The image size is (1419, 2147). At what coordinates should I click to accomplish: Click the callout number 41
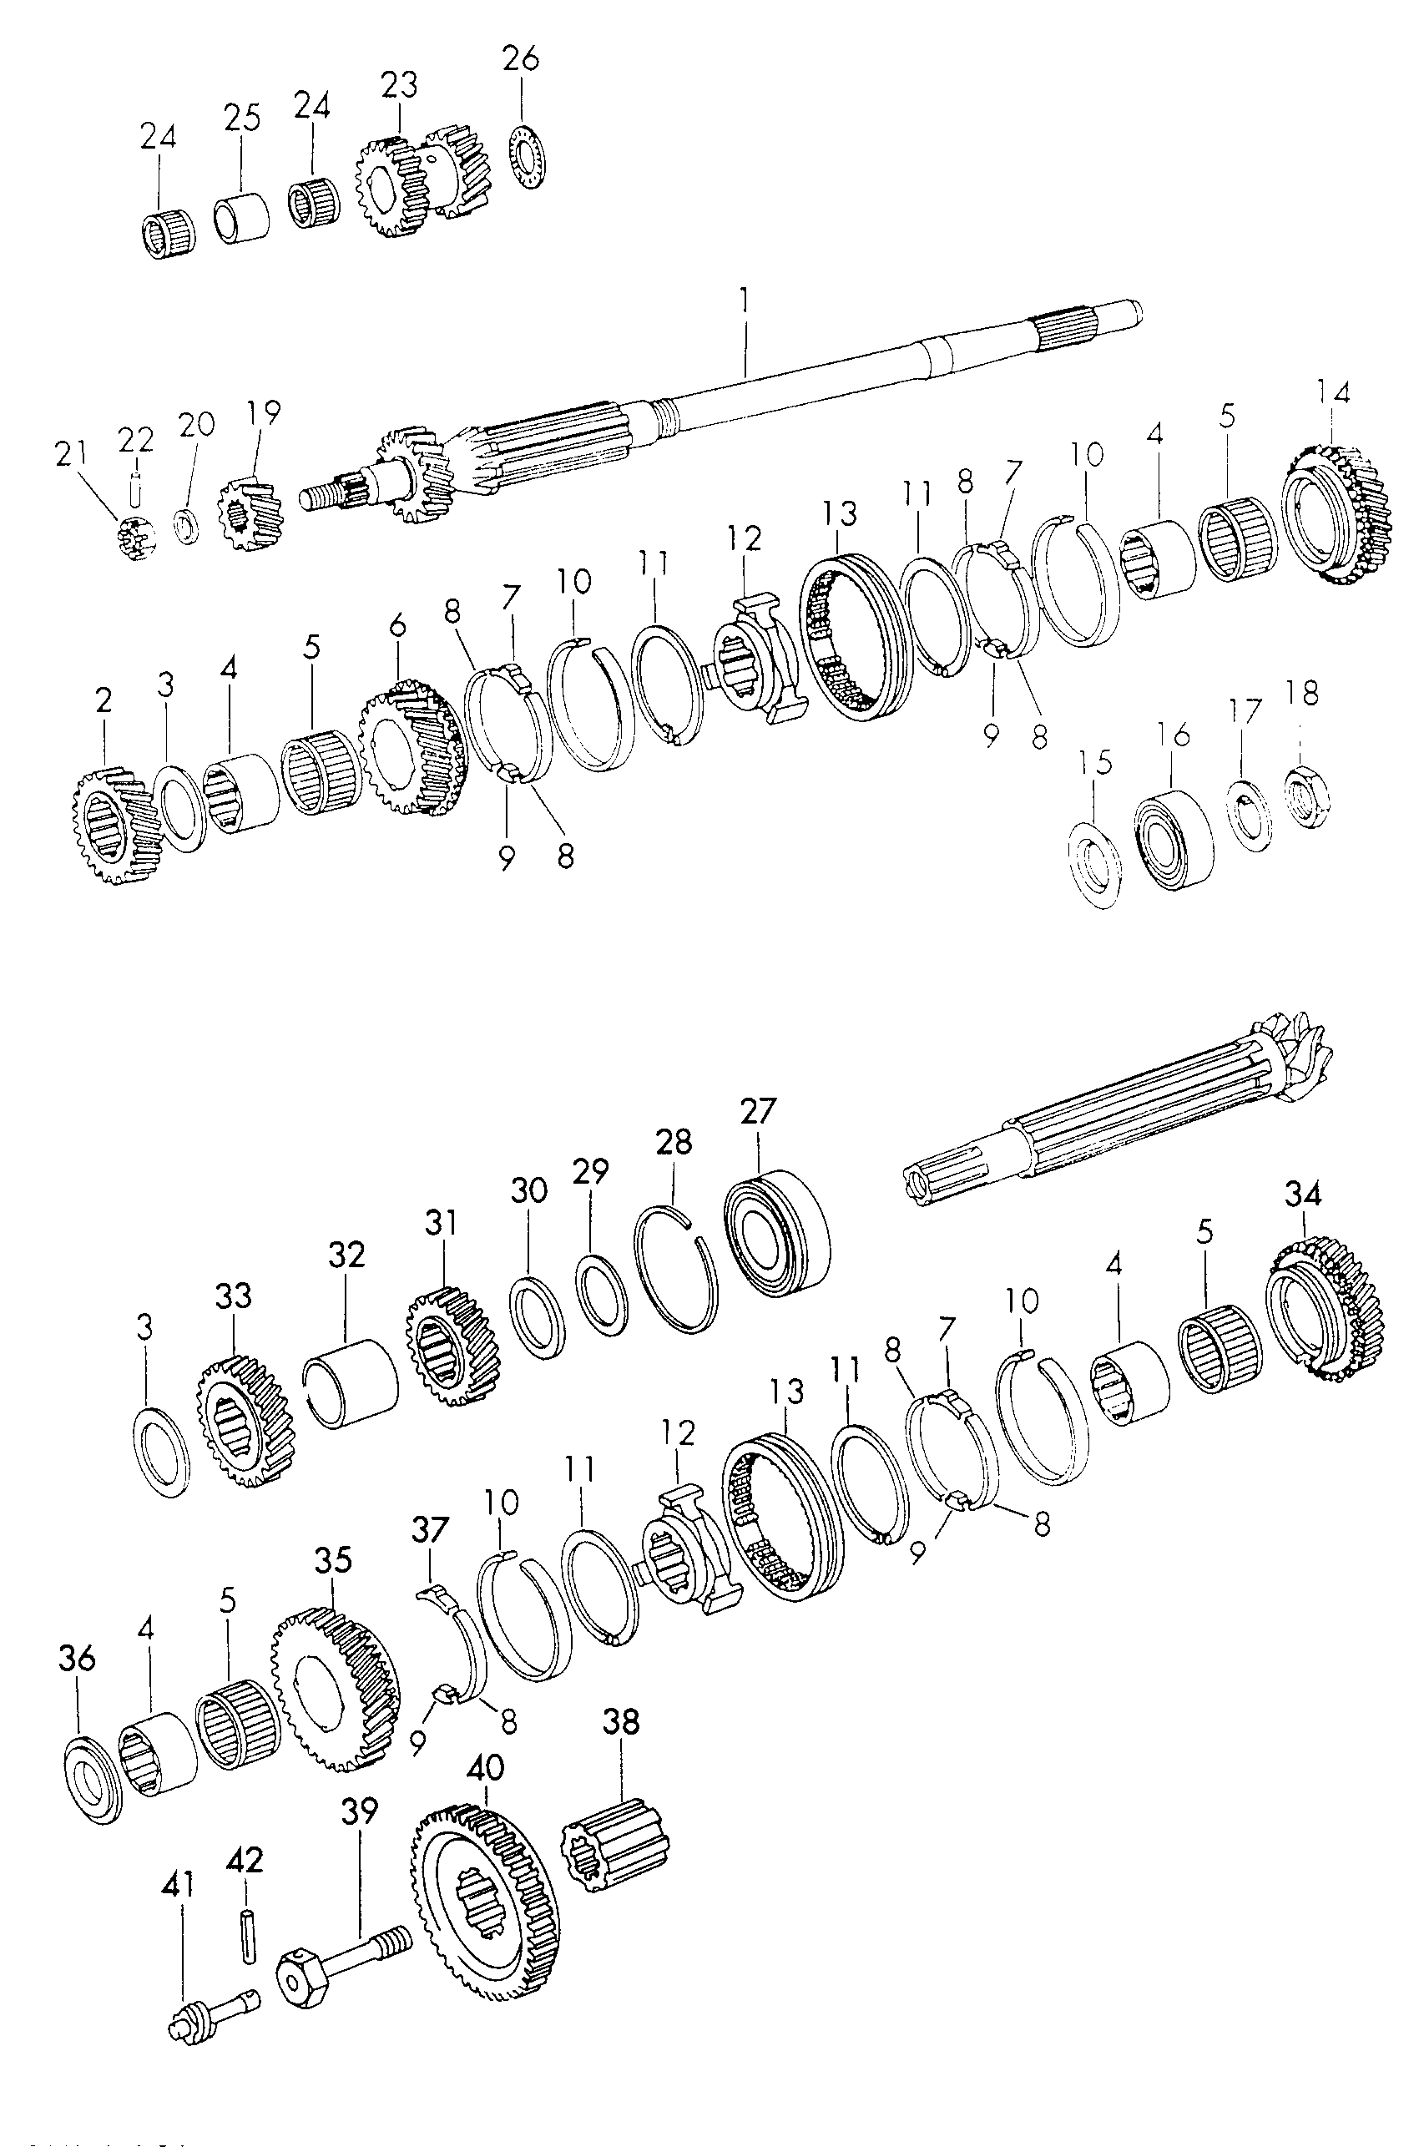(x=177, y=1885)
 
